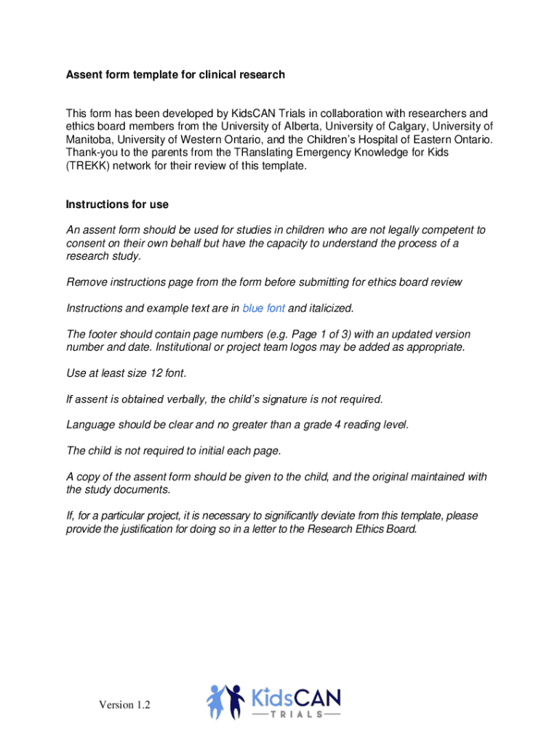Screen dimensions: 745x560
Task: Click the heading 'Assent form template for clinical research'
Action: [175, 74]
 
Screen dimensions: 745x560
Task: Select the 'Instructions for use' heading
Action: [117, 204]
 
